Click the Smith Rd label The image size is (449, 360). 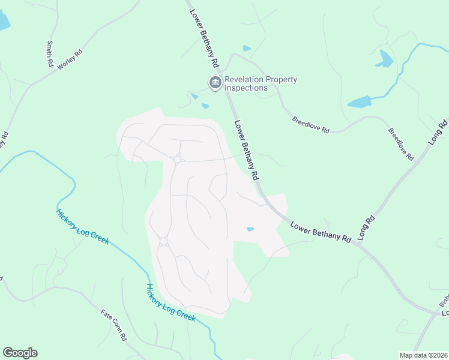pos(49,54)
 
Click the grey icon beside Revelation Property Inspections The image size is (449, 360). pos(214,83)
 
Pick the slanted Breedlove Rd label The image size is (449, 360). pos(401,143)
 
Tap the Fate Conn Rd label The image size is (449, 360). pos(114,325)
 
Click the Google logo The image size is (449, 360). pos(20,353)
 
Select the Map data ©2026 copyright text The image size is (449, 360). pos(423,355)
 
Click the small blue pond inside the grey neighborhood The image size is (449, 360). pos(250,229)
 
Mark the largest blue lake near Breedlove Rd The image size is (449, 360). pos(359,101)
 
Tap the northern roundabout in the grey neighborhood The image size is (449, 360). pos(177,160)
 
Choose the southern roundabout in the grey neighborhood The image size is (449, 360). pos(163,241)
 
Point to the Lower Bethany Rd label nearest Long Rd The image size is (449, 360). pos(321,232)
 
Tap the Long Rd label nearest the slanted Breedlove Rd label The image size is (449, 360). pos(438,131)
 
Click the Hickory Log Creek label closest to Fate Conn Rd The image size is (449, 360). pos(170,302)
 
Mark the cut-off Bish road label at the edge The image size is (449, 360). pos(444,300)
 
